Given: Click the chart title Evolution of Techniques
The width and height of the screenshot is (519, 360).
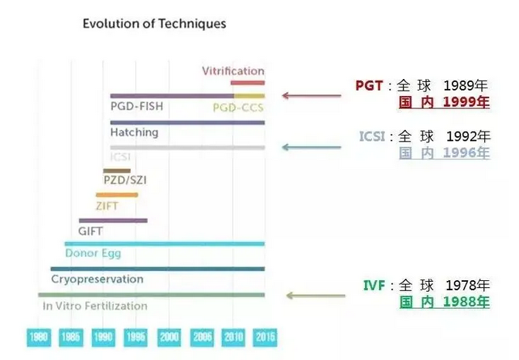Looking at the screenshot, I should coord(154,24).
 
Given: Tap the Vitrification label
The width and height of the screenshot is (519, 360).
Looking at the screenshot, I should coord(233,71).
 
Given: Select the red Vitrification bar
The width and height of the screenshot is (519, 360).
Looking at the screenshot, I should coord(248,83).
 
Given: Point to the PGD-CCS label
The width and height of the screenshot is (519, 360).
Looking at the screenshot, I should coord(238,108).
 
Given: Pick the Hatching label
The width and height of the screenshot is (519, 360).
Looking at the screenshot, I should coord(134,132).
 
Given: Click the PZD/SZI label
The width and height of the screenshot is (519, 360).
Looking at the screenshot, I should coord(125,180).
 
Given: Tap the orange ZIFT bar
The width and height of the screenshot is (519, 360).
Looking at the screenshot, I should coord(117,195).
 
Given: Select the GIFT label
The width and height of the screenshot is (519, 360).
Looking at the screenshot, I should coord(90,231).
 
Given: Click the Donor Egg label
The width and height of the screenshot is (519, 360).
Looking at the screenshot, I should coord(93,253).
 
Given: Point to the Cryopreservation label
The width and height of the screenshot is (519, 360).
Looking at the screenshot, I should coord(97,279).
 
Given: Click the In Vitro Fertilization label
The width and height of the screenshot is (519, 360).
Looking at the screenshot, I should coord(94,306).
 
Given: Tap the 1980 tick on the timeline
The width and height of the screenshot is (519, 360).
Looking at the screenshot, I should coord(38,338).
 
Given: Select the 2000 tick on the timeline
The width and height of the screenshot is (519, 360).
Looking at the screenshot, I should coord(169,338).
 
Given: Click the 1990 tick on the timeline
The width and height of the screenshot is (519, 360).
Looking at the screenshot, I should coord(103,338).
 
